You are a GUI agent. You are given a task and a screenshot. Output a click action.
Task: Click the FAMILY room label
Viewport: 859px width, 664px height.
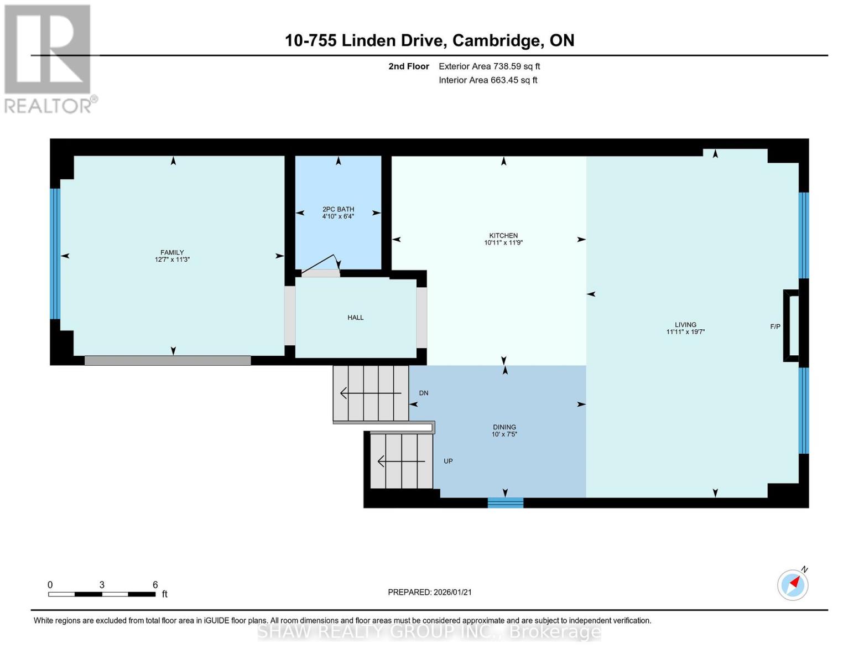pyautogui.click(x=172, y=252)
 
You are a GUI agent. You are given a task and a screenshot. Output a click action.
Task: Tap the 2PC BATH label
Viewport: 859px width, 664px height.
pyautogui.click(x=338, y=209)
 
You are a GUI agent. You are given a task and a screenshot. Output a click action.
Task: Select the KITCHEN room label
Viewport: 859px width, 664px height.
pyautogui.click(x=503, y=236)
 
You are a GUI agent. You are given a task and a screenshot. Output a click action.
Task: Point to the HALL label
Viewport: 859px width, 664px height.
pyautogui.click(x=355, y=318)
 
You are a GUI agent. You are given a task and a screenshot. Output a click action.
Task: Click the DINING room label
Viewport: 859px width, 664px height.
pyautogui.click(x=504, y=427)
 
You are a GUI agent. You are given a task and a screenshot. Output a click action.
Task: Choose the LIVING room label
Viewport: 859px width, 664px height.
pyautogui.click(x=685, y=325)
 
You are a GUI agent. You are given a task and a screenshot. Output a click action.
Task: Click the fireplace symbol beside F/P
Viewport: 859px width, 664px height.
pyautogui.click(x=791, y=326)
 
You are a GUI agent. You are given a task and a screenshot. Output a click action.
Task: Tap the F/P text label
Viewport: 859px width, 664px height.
pyautogui.click(x=775, y=327)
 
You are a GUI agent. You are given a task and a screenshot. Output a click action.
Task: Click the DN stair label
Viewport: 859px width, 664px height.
pyautogui.click(x=424, y=393)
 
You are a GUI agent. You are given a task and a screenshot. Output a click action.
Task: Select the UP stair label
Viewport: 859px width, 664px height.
pyautogui.click(x=448, y=461)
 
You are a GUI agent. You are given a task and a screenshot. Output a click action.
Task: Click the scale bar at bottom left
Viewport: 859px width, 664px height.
pyautogui.click(x=102, y=594)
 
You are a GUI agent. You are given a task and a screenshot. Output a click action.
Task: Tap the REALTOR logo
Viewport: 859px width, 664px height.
pyautogui.click(x=48, y=59)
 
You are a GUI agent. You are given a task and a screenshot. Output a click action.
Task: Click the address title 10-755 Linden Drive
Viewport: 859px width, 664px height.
pyautogui.click(x=429, y=40)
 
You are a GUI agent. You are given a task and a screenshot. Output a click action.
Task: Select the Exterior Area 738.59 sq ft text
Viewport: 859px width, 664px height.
pyautogui.click(x=489, y=66)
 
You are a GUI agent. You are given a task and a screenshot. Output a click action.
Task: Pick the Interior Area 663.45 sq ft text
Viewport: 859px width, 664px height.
pyautogui.click(x=488, y=80)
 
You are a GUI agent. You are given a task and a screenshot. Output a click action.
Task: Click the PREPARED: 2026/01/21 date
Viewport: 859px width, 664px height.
pyautogui.click(x=429, y=592)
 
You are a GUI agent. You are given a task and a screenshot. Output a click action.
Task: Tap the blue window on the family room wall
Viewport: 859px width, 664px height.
pyautogui.click(x=55, y=254)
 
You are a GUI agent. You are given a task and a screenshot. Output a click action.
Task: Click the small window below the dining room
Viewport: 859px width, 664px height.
pyautogui.click(x=505, y=502)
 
